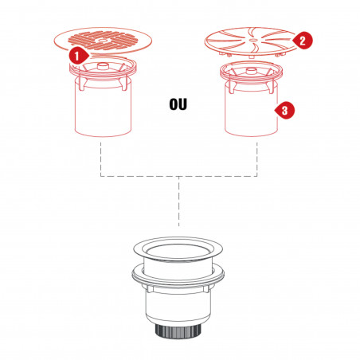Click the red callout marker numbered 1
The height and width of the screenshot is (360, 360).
coord(78,57)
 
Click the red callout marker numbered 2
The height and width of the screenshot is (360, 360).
coord(303,41)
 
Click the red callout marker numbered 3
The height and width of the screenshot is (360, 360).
coord(285,110)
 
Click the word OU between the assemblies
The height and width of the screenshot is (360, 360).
coord(178,104)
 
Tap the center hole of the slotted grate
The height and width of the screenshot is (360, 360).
coord(103,41)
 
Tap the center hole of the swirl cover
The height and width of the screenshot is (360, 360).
coord(253,40)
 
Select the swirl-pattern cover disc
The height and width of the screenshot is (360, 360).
coord(251,41)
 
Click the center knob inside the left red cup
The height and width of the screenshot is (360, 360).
coord(102,66)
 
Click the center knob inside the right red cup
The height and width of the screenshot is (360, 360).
coord(251,71)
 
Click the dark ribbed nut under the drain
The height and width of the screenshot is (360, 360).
coord(178,331)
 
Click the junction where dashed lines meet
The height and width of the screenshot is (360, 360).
coord(178,176)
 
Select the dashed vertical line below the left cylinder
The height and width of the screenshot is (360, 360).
coord(101,159)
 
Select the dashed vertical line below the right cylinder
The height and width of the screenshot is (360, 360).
coord(257,159)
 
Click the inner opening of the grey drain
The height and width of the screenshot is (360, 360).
coord(178,251)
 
